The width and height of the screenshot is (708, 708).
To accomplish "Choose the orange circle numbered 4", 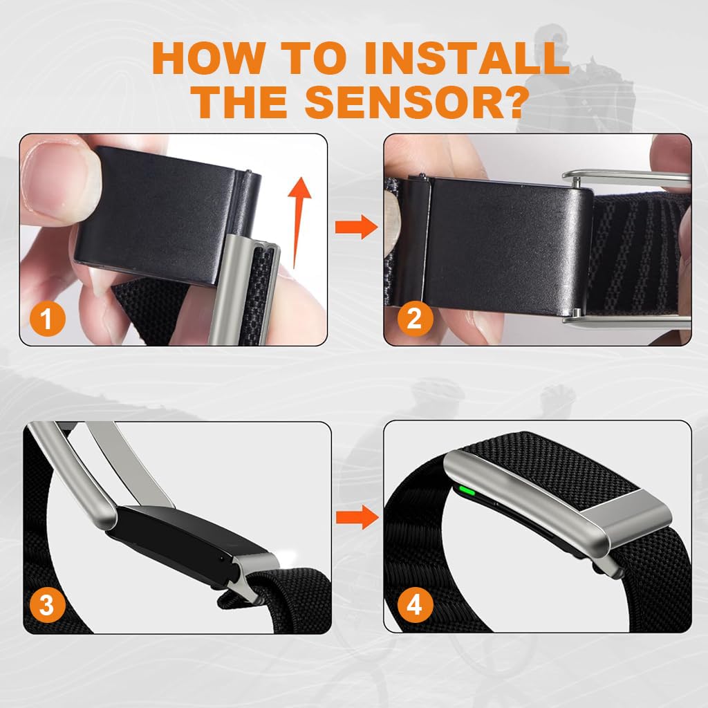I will [x=413, y=606].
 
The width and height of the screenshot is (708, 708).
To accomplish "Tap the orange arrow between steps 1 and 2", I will [x=355, y=227].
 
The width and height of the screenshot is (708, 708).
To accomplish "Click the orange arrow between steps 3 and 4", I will [x=355, y=515].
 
